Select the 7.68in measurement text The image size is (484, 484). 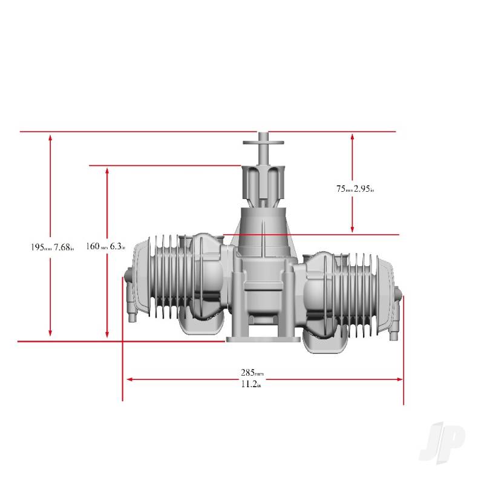(x=64, y=247)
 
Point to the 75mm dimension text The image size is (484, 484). (x=344, y=189)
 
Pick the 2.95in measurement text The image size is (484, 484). (x=364, y=189)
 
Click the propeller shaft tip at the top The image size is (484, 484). (x=264, y=136)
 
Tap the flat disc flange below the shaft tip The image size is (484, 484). (x=264, y=143)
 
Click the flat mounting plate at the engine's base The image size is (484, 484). (x=263, y=340)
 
